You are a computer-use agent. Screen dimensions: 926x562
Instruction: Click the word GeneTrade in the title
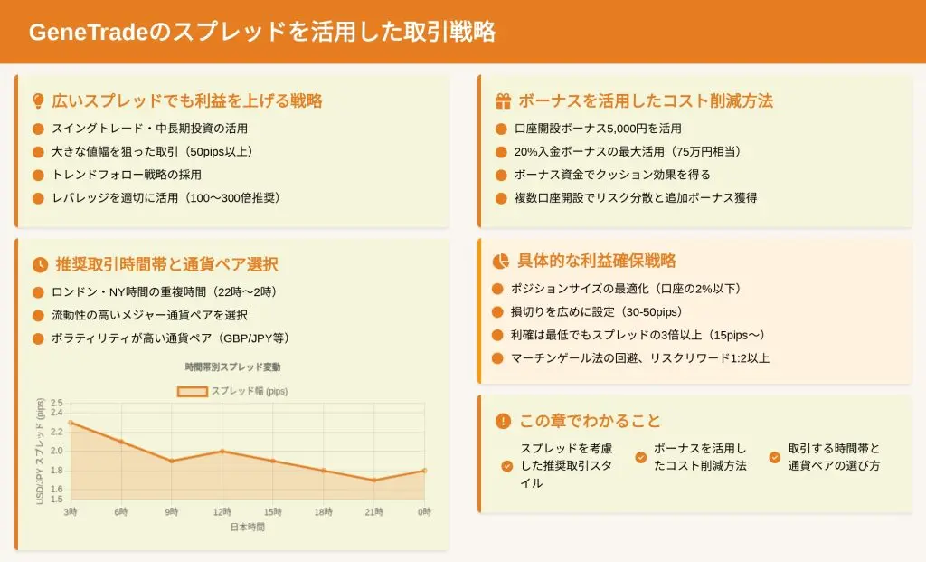88,32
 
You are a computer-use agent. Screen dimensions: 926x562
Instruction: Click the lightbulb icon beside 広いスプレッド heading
38,101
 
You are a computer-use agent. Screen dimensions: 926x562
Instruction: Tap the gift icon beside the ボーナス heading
503,101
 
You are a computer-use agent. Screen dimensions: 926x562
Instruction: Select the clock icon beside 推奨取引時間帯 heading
40,265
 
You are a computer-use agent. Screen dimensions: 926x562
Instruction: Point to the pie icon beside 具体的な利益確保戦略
501,261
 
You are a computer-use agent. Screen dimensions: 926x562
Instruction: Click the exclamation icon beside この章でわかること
503,421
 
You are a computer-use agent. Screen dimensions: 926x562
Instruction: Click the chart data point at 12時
222,451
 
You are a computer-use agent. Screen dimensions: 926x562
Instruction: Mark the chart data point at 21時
373,480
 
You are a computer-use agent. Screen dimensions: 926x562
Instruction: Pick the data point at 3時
71,423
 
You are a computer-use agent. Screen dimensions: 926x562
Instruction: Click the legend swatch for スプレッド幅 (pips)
193,391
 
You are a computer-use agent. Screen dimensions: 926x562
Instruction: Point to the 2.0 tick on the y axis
57,451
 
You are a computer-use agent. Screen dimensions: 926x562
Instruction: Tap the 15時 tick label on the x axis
273,511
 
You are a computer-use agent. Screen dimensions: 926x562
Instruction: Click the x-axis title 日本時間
248,527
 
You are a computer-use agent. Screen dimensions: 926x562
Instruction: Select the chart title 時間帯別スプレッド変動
232,367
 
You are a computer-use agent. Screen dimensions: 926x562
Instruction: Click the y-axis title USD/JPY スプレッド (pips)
40,452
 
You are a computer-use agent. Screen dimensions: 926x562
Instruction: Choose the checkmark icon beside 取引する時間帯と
775,457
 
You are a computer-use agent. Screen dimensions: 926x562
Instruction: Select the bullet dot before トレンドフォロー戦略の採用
38,175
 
